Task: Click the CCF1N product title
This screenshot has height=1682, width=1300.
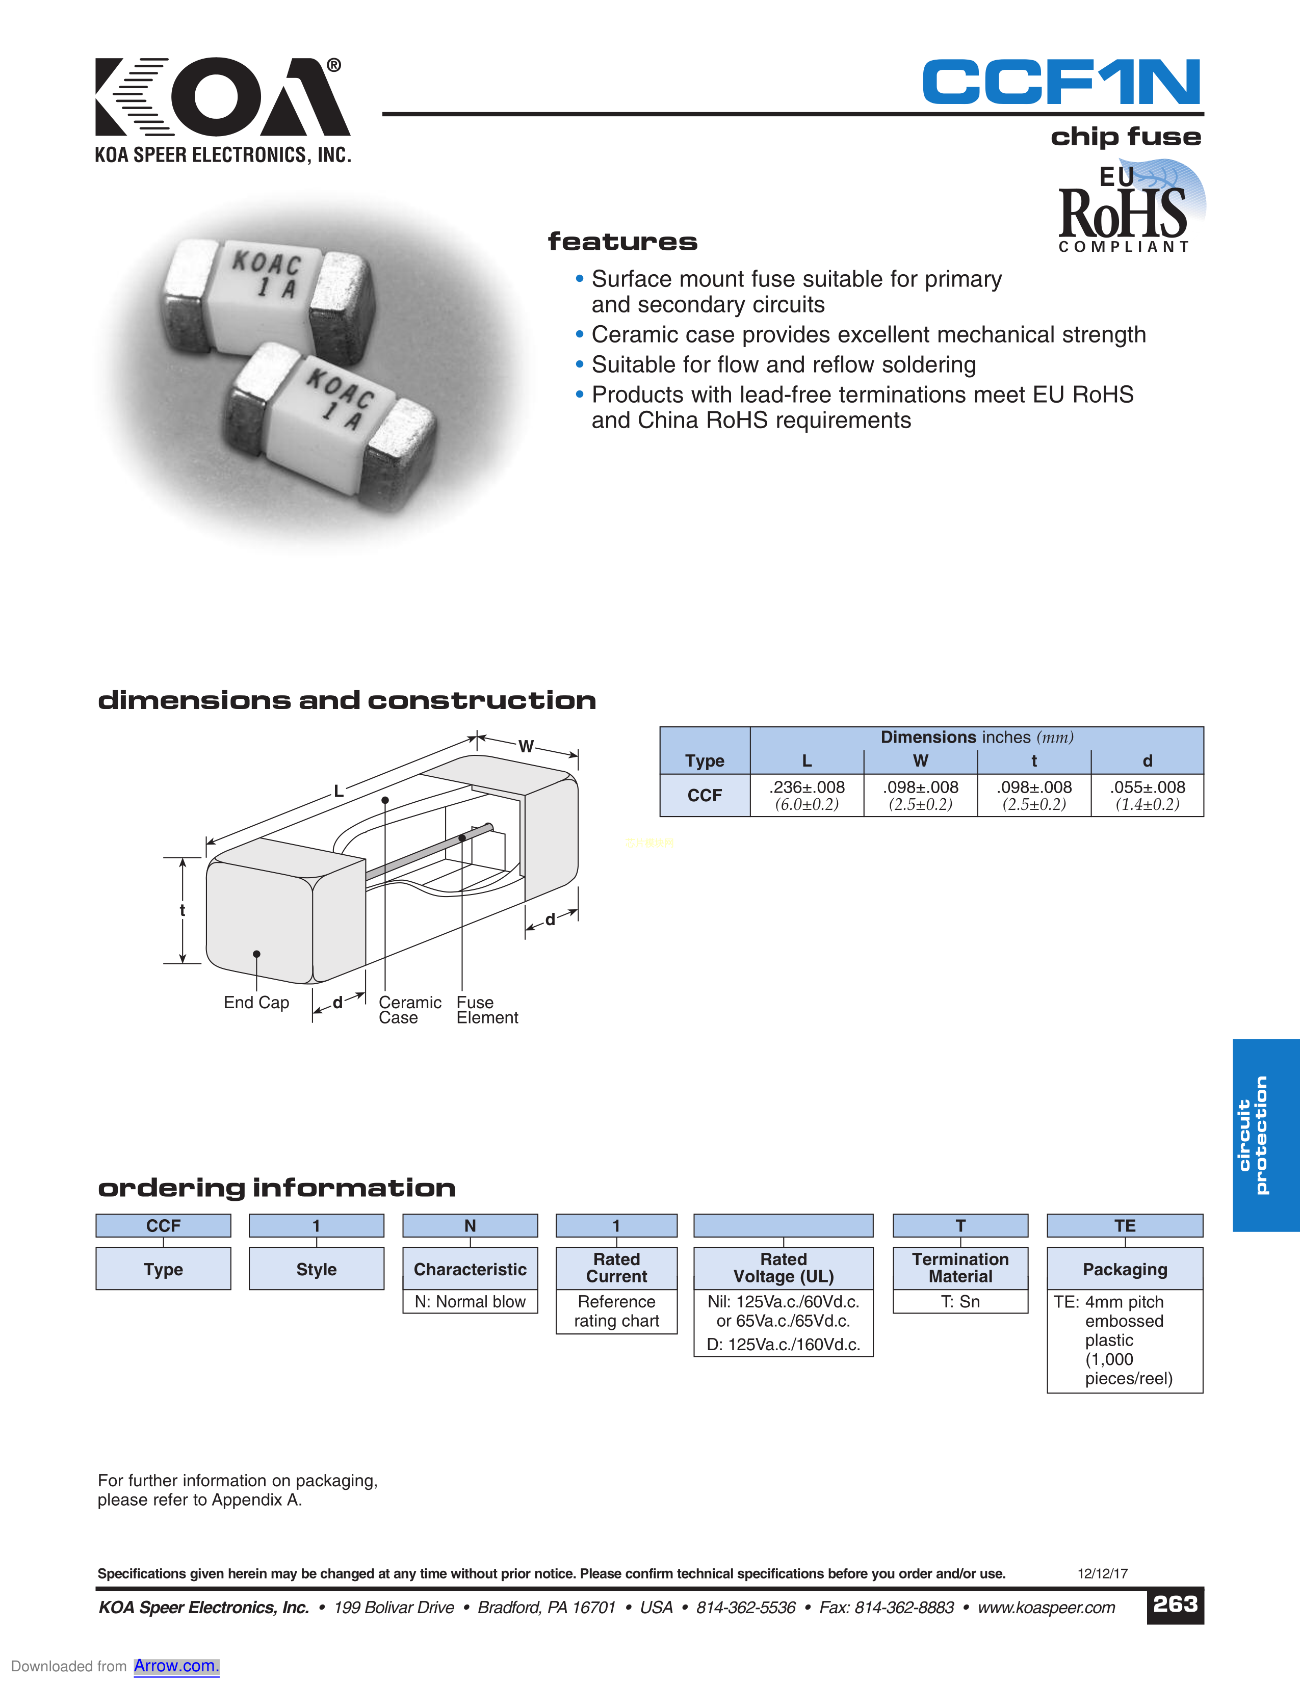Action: tap(1061, 83)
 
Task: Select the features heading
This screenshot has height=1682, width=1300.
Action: tap(622, 242)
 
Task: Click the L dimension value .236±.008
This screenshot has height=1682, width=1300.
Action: tap(807, 787)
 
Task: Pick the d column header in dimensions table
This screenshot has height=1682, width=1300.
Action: tap(1147, 761)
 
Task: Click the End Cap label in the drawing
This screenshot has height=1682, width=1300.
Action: tap(256, 1003)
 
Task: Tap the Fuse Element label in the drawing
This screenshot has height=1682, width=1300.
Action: tap(487, 1010)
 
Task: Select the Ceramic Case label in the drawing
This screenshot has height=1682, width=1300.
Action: tap(410, 1010)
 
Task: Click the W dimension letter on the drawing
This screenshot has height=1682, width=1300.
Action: tap(526, 746)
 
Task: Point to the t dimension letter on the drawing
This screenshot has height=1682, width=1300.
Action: tap(183, 910)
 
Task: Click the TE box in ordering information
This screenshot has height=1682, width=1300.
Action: tap(1125, 1225)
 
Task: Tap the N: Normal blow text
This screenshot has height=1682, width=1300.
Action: tap(470, 1302)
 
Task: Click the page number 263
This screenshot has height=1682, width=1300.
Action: tap(1175, 1604)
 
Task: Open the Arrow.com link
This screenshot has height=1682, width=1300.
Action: tap(176, 1666)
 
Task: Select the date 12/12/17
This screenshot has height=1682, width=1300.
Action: tap(1102, 1573)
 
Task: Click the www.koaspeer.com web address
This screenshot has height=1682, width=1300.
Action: tap(1046, 1607)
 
